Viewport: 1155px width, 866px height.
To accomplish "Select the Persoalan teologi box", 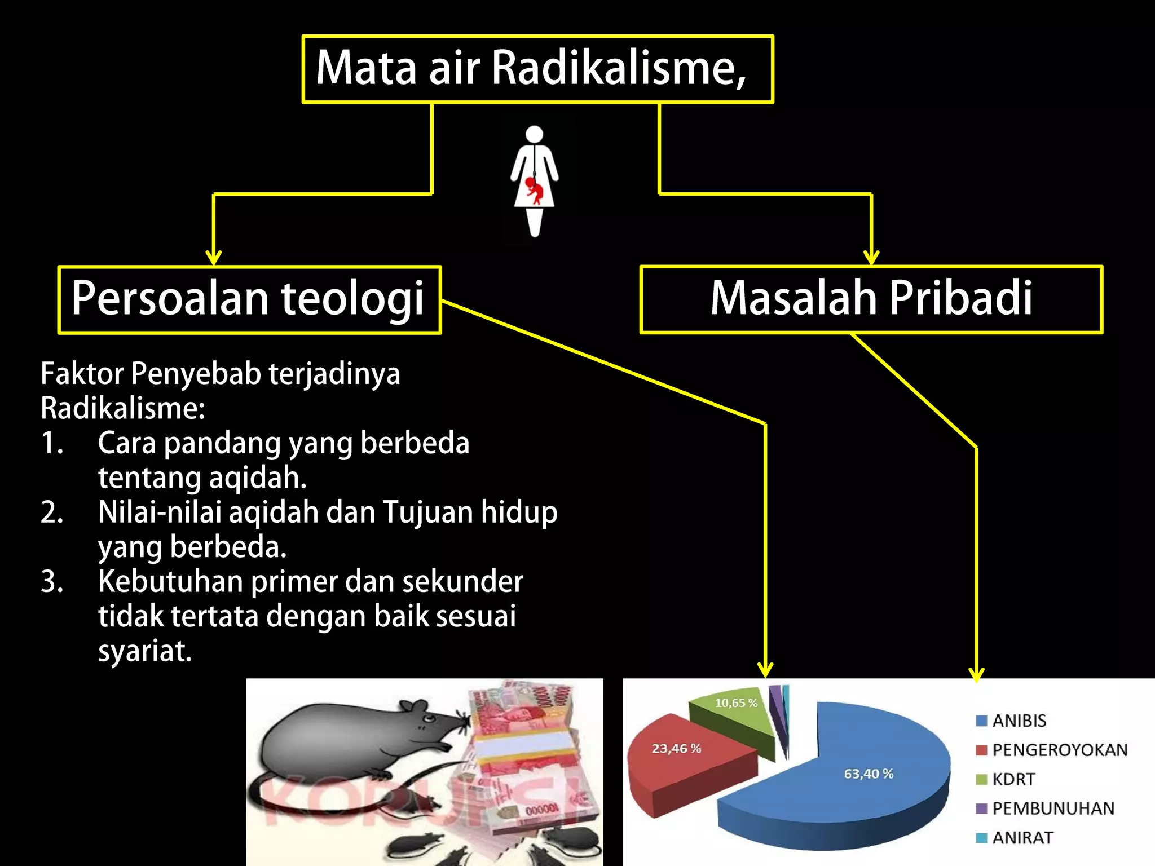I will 249,299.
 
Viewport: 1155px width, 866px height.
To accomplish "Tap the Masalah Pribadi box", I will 871,299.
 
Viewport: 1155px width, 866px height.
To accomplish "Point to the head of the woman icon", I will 534,134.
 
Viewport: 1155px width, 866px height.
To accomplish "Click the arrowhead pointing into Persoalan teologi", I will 213,258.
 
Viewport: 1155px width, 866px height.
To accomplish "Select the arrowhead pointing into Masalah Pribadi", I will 871,258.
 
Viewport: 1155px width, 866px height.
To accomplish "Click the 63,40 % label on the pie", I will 869,774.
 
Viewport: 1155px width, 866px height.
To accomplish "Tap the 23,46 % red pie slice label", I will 676,749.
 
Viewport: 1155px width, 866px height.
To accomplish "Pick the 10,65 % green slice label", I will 736,703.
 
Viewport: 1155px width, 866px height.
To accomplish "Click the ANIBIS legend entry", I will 1019,721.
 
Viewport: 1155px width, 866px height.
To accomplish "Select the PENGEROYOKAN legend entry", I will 1059,750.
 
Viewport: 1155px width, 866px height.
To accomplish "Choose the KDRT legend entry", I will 1013,779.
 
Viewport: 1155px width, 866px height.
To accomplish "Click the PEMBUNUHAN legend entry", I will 1052,808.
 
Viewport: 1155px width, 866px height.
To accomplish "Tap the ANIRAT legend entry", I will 1022,838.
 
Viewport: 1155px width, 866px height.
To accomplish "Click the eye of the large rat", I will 430,719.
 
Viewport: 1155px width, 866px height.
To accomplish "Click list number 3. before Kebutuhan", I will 52,582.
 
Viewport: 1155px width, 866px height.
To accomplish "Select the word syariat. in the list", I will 145,652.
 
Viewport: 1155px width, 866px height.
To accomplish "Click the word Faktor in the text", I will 82,373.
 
